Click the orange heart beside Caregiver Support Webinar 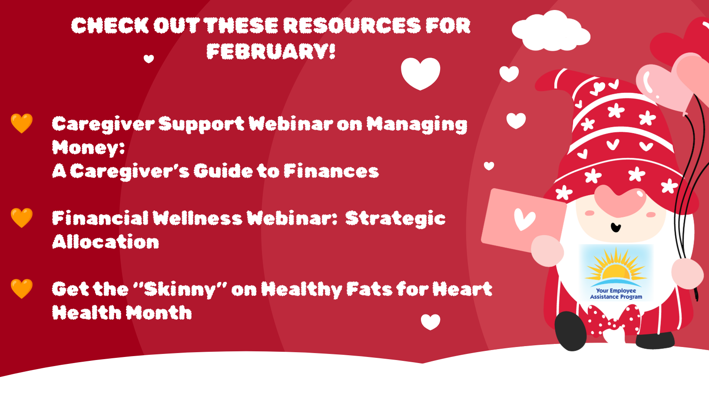(22, 123)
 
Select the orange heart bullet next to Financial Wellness (22, 218)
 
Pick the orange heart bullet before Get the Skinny (22, 288)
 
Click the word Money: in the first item (88, 147)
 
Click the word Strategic (395, 219)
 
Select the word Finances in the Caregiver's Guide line (331, 171)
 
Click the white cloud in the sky (551, 31)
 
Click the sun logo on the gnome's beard (616, 267)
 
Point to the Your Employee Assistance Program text (616, 294)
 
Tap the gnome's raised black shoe (570, 331)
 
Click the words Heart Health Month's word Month (159, 312)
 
